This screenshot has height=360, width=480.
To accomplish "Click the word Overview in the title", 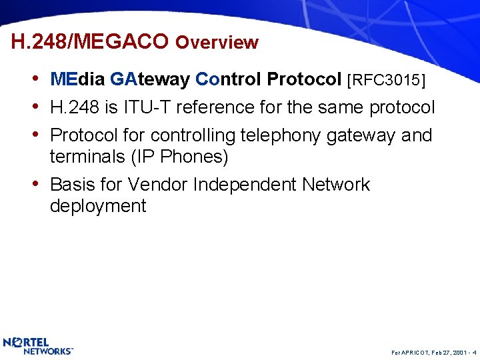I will (217, 43).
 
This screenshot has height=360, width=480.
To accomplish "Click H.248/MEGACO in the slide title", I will (90, 42).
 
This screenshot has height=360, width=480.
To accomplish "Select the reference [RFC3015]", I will (387, 80).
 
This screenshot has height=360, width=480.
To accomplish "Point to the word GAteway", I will (150, 80).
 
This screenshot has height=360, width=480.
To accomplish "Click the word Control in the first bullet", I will (228, 80).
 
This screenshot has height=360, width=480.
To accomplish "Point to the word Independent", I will (245, 184).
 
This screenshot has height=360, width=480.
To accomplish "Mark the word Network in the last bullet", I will (335, 184).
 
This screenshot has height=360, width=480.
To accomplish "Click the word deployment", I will (97, 206).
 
